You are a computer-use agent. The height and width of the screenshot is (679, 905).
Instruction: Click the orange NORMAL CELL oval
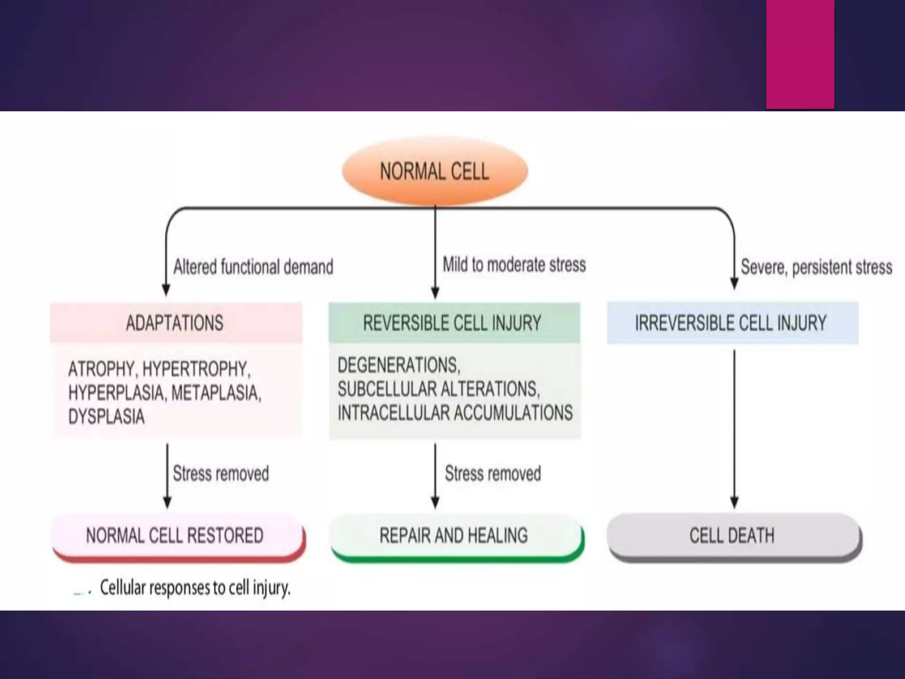coord(435,171)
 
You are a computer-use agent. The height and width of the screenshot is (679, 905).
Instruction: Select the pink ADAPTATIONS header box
coord(175,323)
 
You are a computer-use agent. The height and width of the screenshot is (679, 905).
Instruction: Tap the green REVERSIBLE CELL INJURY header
coord(454,323)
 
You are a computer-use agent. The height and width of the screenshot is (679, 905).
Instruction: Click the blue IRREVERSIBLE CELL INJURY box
coord(732,323)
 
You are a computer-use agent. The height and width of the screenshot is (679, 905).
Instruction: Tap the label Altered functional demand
coord(253,267)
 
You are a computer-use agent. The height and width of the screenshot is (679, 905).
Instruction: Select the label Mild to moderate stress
coord(514,265)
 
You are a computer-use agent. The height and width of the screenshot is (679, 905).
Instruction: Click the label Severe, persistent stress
coord(816,267)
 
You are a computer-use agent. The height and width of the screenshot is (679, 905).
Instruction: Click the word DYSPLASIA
coord(106,416)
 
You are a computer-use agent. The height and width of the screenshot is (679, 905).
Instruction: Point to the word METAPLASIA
coord(215,393)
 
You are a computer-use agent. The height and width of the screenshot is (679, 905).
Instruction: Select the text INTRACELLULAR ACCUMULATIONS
coord(455,412)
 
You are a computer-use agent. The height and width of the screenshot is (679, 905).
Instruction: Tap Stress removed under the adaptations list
coord(221,473)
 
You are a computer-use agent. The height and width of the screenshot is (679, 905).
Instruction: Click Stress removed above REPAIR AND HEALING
coord(493,473)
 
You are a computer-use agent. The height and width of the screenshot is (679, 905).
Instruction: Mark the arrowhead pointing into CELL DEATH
coord(734,503)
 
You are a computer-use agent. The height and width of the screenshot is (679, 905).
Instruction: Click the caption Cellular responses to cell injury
coord(195,587)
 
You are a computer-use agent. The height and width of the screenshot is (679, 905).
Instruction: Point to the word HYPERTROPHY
coord(196,369)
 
